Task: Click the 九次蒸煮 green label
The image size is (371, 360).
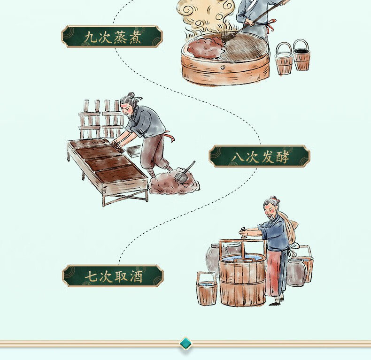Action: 112,37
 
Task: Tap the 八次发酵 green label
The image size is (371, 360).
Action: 259,156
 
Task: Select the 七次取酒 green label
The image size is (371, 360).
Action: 113,276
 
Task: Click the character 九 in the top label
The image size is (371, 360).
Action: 91,37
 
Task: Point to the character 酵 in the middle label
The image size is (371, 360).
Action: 282,157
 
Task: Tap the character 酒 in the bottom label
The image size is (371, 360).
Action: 136,276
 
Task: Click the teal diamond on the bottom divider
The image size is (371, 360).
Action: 185,344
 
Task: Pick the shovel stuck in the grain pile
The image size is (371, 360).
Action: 185,172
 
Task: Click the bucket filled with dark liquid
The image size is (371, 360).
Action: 301,55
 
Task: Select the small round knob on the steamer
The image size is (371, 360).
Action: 223,68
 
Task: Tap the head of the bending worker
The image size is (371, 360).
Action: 129,105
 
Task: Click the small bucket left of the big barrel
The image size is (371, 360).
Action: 207,288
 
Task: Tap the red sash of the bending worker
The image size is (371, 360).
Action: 170,137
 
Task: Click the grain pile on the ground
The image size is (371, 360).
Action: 174,182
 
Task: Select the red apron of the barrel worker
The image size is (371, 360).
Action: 273,273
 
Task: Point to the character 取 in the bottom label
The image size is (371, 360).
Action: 121,276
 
